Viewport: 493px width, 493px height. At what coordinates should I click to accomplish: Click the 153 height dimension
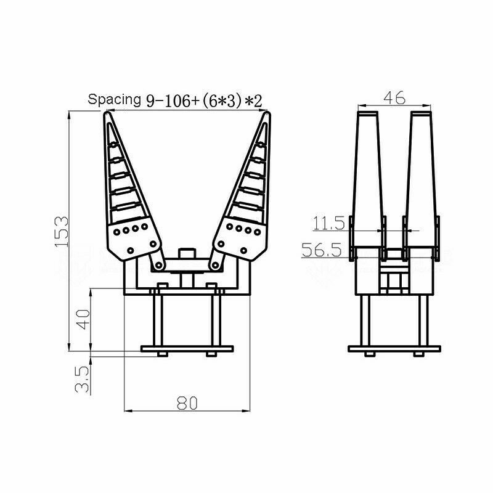tap(62, 231)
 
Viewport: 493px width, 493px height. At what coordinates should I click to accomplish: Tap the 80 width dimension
tap(187, 403)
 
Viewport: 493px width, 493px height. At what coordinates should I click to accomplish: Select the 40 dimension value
tap(84, 319)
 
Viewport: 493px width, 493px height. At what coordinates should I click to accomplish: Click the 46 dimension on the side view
tap(394, 98)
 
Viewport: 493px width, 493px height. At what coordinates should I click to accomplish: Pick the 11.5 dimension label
tap(329, 223)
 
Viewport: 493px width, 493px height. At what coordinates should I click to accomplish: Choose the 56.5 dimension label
tap(322, 250)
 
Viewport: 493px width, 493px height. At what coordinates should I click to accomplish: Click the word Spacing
tap(114, 100)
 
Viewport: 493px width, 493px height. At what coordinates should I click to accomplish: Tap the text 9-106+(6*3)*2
tap(204, 101)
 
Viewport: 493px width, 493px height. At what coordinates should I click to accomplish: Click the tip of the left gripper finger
tap(107, 113)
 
